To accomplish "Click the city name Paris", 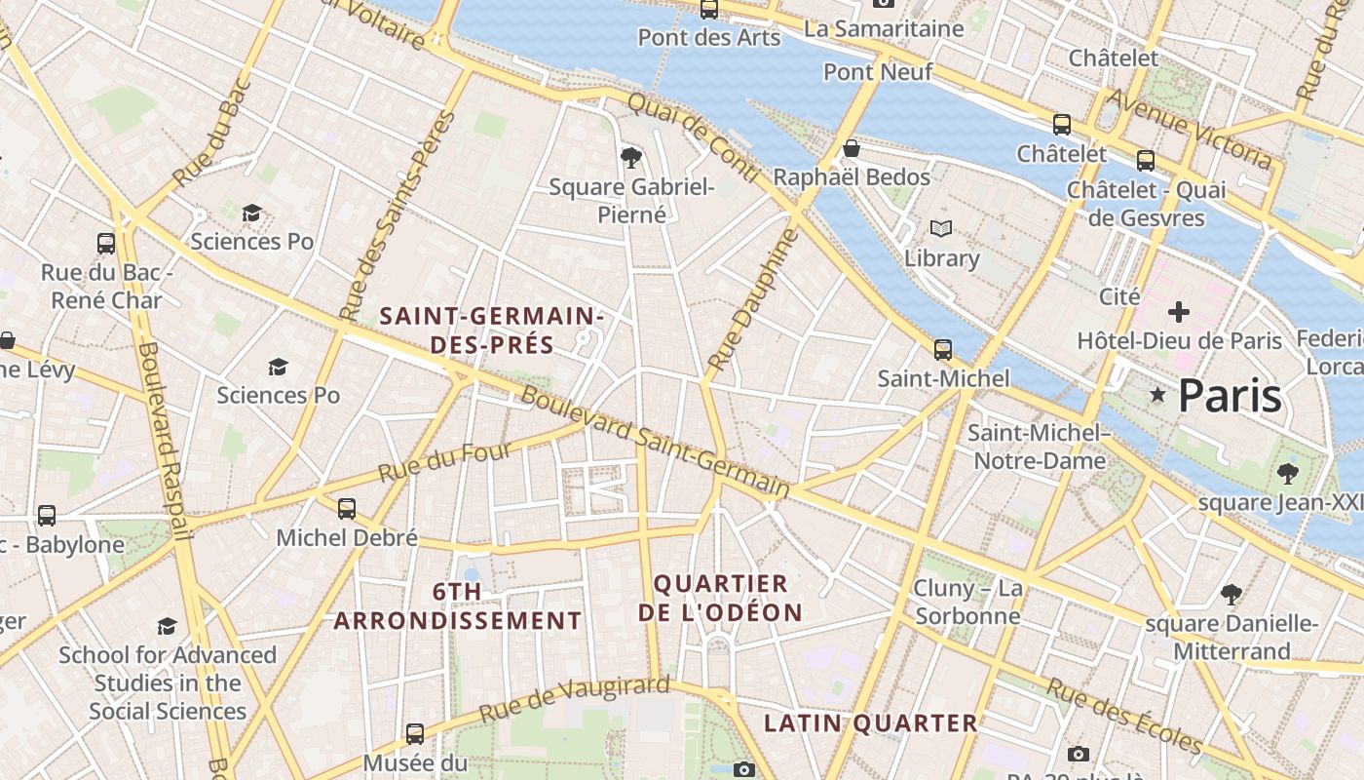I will click(1230, 396).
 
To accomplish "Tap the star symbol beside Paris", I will click(1157, 395).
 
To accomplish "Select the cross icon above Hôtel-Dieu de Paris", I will click(1179, 313).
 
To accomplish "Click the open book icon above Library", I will click(940, 229).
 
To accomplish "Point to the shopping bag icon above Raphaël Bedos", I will click(852, 148).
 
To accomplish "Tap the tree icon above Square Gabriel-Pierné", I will click(631, 156).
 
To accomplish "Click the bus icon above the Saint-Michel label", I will click(942, 350).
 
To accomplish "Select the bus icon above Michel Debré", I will click(346, 509).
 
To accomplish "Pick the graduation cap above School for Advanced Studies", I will click(168, 626).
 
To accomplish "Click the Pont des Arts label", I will click(708, 37).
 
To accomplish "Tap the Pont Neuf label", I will click(878, 71).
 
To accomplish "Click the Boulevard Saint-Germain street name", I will click(655, 443).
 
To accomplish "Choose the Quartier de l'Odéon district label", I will click(720, 598).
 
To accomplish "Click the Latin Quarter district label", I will click(870, 722).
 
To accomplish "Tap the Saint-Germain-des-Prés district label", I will click(492, 330).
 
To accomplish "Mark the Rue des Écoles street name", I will click(1124, 716).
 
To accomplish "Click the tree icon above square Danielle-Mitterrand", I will click(1231, 595).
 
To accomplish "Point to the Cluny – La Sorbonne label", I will click(967, 602).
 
